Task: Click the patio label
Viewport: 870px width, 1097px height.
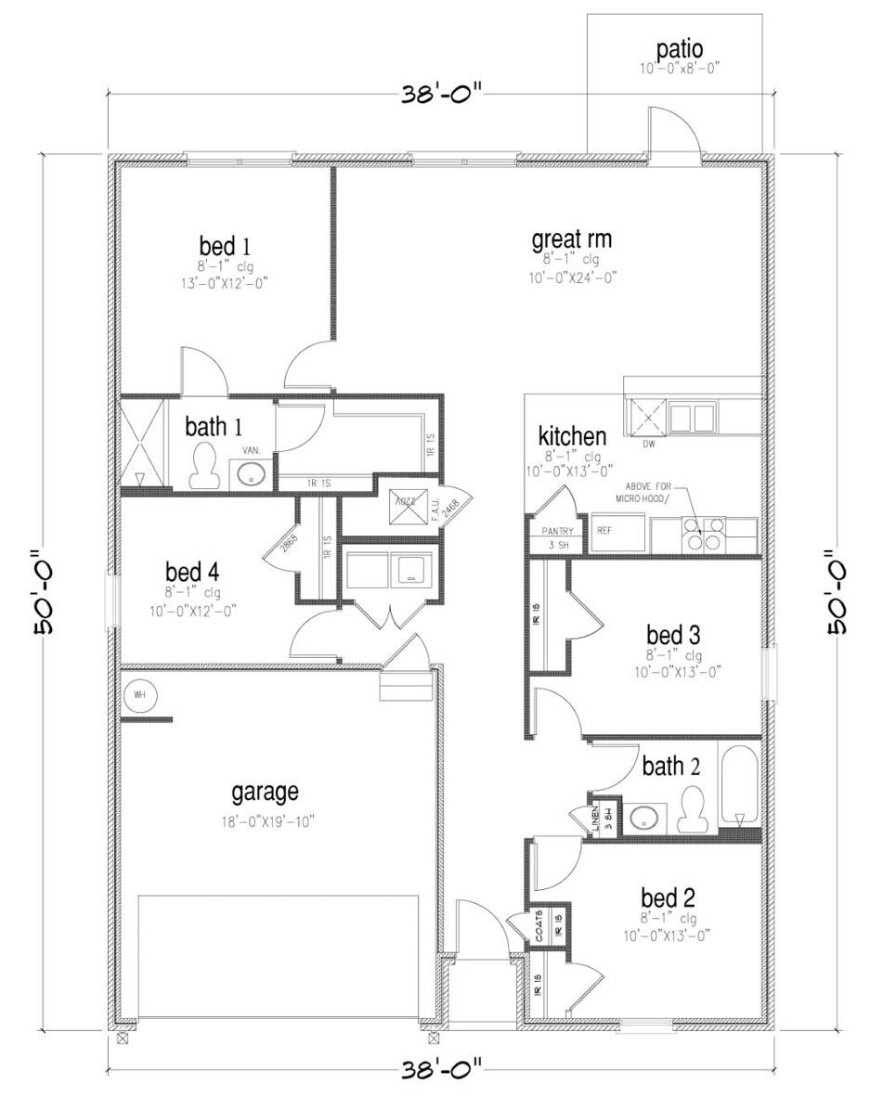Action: coord(680,48)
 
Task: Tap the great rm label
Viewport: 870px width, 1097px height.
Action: coord(571,239)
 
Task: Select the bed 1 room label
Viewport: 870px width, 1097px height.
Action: coord(225,247)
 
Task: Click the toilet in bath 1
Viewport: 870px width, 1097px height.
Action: coord(202,465)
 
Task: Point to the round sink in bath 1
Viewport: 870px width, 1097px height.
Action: coord(251,474)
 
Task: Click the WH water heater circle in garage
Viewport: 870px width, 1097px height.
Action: coord(140,693)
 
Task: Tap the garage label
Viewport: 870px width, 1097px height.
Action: coord(265,792)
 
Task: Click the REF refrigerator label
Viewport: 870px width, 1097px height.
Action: coord(604,531)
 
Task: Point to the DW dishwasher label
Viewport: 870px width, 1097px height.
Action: coord(649,444)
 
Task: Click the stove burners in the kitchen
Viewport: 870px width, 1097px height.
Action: coord(703,532)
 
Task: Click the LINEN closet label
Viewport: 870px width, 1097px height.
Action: coord(596,817)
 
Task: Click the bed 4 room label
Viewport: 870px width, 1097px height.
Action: coord(193,571)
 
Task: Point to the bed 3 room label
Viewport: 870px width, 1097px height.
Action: coord(673,635)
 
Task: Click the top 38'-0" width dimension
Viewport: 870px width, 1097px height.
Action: coord(443,94)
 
